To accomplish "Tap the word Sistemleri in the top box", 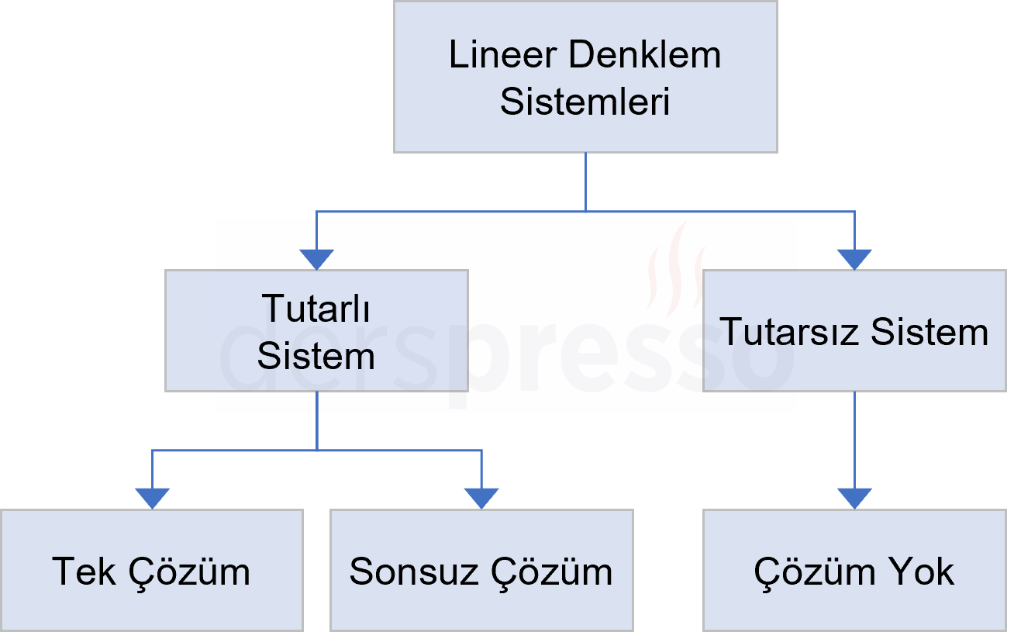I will pyautogui.click(x=585, y=102).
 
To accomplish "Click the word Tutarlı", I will pyautogui.click(x=316, y=309).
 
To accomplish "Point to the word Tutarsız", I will pyautogui.click(x=790, y=333).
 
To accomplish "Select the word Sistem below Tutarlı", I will pyautogui.click(x=316, y=357).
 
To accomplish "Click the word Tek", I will pyautogui.click(x=83, y=572).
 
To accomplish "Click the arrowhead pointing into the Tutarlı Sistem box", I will pyautogui.click(x=316, y=260).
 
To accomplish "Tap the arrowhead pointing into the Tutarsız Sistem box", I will pyautogui.click(x=854, y=260).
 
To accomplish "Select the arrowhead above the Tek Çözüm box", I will pyautogui.click(x=152, y=498).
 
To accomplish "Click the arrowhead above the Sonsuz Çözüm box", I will pyautogui.click(x=481, y=498).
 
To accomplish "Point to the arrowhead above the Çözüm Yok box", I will pyautogui.click(x=854, y=498).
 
